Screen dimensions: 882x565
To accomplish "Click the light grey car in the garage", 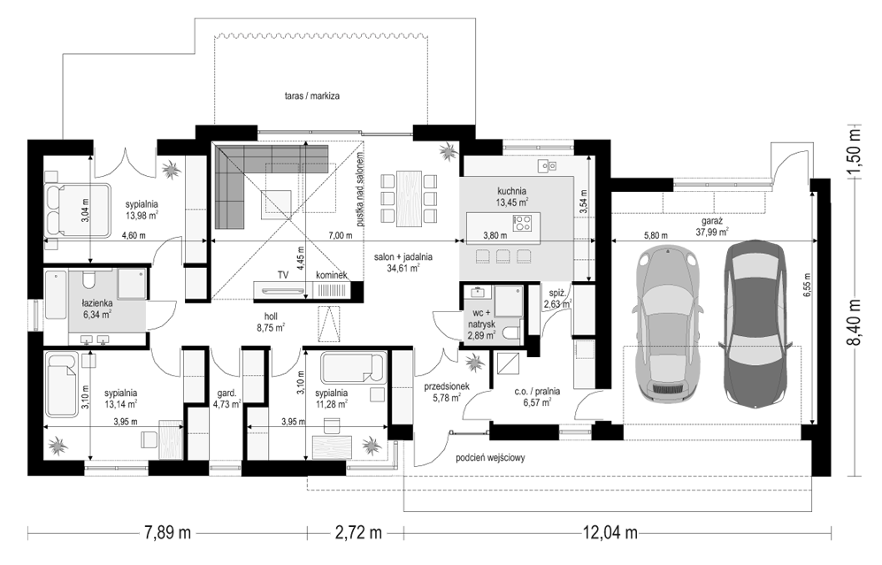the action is [666, 324].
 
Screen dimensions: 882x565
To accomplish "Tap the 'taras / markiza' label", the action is [311, 96].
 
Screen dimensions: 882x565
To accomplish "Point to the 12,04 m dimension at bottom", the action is [610, 531].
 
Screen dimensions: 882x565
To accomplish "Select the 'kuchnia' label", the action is [511, 191].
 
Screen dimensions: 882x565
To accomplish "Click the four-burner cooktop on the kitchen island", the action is [523, 223].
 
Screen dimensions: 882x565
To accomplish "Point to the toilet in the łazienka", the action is [88, 279].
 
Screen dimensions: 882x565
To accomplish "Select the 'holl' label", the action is [271, 317].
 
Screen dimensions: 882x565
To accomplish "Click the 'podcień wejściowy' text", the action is [490, 458].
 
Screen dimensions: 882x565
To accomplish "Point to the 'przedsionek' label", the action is [447, 386].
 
